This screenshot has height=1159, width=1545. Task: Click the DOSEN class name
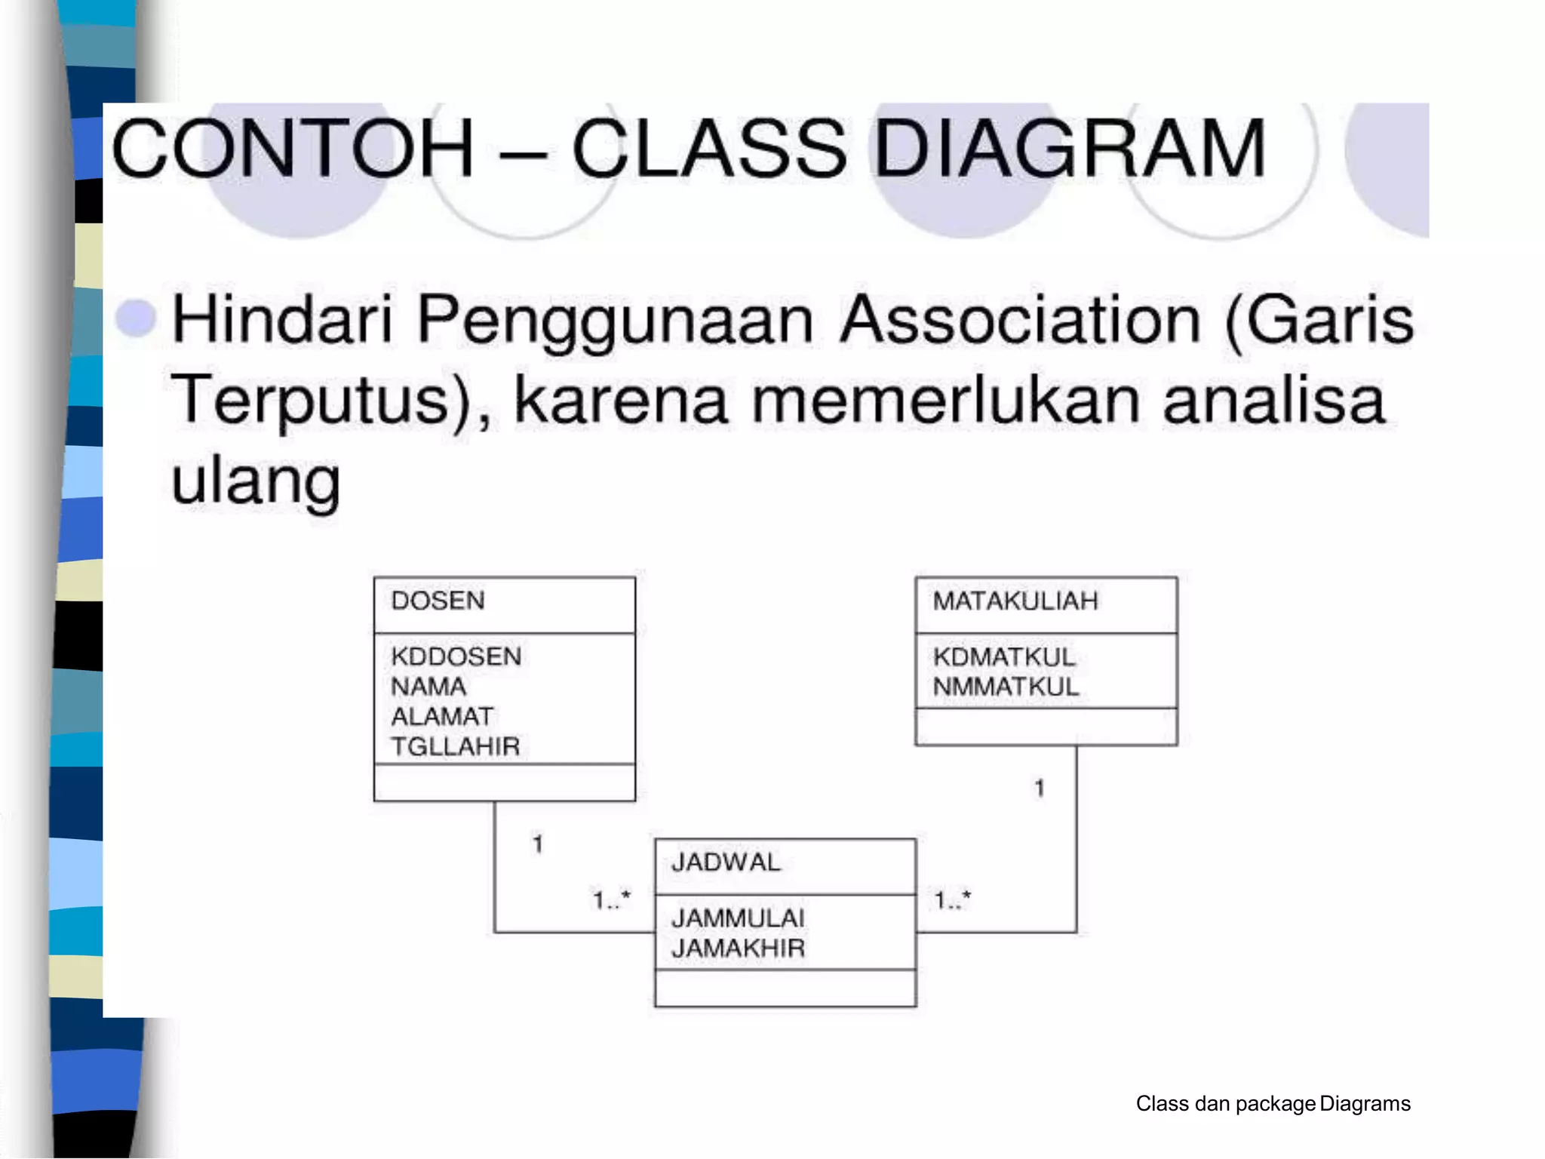click(x=438, y=601)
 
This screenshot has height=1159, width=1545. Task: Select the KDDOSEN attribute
click(x=456, y=656)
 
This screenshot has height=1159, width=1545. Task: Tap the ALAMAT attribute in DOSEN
click(x=442, y=716)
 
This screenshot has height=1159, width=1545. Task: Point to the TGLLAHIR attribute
click(x=456, y=746)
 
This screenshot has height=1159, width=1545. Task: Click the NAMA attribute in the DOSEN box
click(x=428, y=687)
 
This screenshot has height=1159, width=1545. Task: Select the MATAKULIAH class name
click(x=1015, y=601)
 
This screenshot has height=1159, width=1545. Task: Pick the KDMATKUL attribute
click(x=1003, y=657)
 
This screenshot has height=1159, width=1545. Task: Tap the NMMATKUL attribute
click(x=1006, y=687)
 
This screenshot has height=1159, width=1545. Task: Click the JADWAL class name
click(x=726, y=862)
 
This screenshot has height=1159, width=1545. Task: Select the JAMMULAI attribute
click(x=738, y=918)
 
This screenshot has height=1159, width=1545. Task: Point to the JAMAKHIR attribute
click(x=738, y=948)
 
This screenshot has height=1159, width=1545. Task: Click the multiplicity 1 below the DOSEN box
click(x=538, y=844)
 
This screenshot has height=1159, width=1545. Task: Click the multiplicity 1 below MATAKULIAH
click(x=1040, y=789)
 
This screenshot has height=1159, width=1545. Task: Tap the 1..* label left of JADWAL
click(x=611, y=900)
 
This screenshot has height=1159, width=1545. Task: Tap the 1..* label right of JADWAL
click(x=952, y=900)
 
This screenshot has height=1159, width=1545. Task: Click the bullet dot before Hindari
click(x=136, y=318)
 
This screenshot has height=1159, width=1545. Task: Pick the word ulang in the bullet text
click(x=256, y=481)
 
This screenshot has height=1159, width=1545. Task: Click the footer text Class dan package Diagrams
click(x=1273, y=1104)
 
